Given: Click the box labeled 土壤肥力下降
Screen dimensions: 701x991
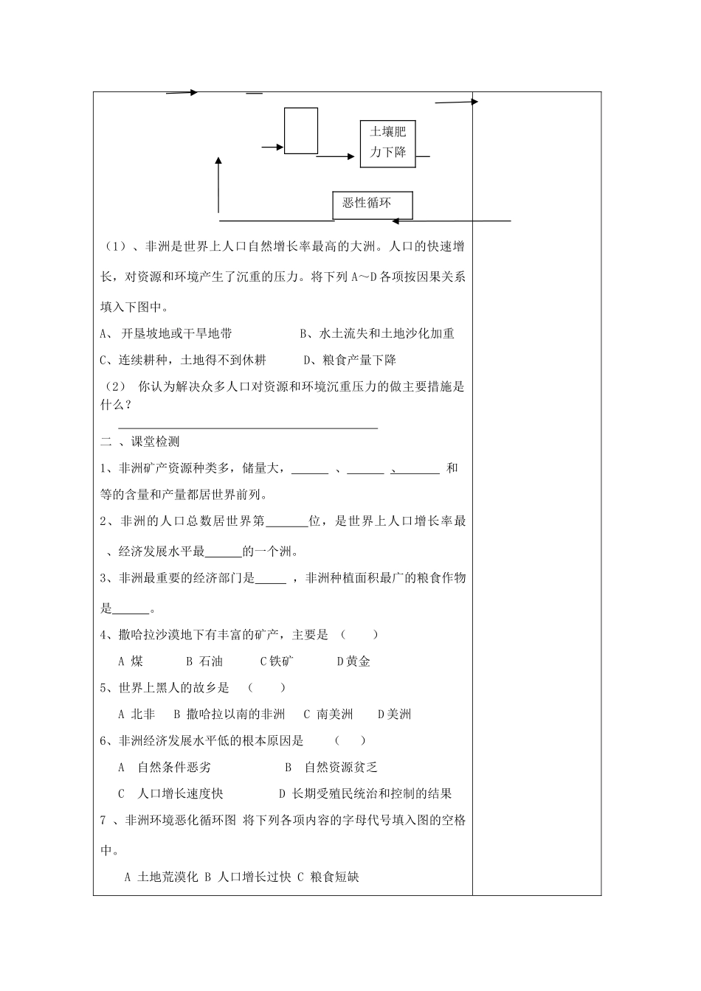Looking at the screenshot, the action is point(387,142).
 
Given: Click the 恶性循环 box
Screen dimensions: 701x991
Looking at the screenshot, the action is point(372,204).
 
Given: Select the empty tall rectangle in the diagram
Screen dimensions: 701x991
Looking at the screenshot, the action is point(301,131).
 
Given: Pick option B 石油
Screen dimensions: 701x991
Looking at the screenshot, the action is point(204,661).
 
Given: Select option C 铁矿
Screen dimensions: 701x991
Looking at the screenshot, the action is point(277,661).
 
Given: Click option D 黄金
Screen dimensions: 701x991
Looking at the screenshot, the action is point(353,661).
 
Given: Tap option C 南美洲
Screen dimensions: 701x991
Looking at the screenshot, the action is point(328,714).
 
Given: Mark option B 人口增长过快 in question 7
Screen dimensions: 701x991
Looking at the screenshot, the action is point(248,877).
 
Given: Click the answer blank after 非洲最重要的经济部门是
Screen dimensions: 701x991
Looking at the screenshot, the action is point(270,580).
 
